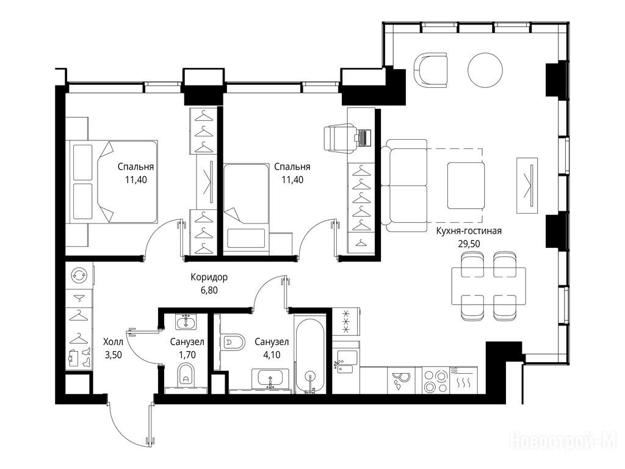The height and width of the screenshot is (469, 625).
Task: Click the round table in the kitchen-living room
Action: point(485,71)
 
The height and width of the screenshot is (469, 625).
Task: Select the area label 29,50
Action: point(469,244)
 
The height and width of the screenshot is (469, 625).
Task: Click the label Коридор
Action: point(209,277)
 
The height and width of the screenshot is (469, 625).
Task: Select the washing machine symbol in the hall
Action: point(79,275)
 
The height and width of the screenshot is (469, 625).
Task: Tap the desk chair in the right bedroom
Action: point(339,138)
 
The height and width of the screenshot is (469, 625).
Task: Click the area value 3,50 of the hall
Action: point(113,355)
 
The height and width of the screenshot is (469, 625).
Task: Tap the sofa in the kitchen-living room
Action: point(404,186)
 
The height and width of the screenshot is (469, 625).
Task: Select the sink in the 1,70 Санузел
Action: point(186,322)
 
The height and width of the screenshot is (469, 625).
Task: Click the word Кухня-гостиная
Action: point(469,231)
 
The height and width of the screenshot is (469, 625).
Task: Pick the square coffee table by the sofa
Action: point(466,186)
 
